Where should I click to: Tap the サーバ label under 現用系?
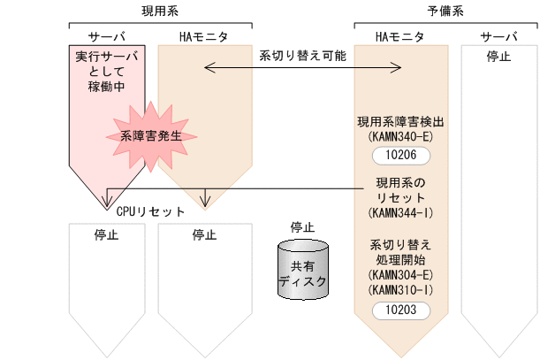pos(106,36)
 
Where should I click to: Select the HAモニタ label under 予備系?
pos(399,36)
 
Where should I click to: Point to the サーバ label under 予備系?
pos(498,36)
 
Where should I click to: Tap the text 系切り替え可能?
pos(302,55)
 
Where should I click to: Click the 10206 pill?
pos(401,155)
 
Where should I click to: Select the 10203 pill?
pos(401,310)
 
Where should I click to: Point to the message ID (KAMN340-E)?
pos(401,136)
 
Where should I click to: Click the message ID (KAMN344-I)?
pos(401,213)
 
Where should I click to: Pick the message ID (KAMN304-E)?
pos(401,275)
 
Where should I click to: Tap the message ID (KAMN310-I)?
pos(401,289)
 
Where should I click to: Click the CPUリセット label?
pos(150,212)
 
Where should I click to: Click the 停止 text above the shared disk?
pos(302,227)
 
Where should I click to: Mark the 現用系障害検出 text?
pos(401,122)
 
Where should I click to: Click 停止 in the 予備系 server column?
pos(498,57)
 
